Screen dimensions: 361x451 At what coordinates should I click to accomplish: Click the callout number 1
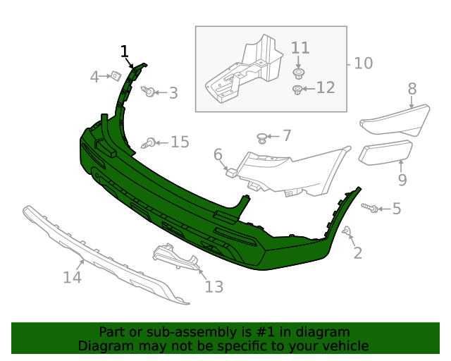[125, 51]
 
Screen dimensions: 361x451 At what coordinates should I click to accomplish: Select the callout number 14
[72, 278]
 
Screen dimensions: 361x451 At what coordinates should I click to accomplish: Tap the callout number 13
[214, 286]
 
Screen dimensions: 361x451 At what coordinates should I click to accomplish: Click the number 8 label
[412, 89]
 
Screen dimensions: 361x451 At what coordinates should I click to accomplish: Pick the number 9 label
[402, 180]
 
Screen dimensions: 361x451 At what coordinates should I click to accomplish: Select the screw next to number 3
[149, 92]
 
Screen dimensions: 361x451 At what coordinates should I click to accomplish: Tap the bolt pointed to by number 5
[371, 208]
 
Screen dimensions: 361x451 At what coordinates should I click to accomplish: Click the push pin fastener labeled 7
[263, 137]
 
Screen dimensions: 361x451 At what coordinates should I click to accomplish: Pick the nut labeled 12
[298, 89]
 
